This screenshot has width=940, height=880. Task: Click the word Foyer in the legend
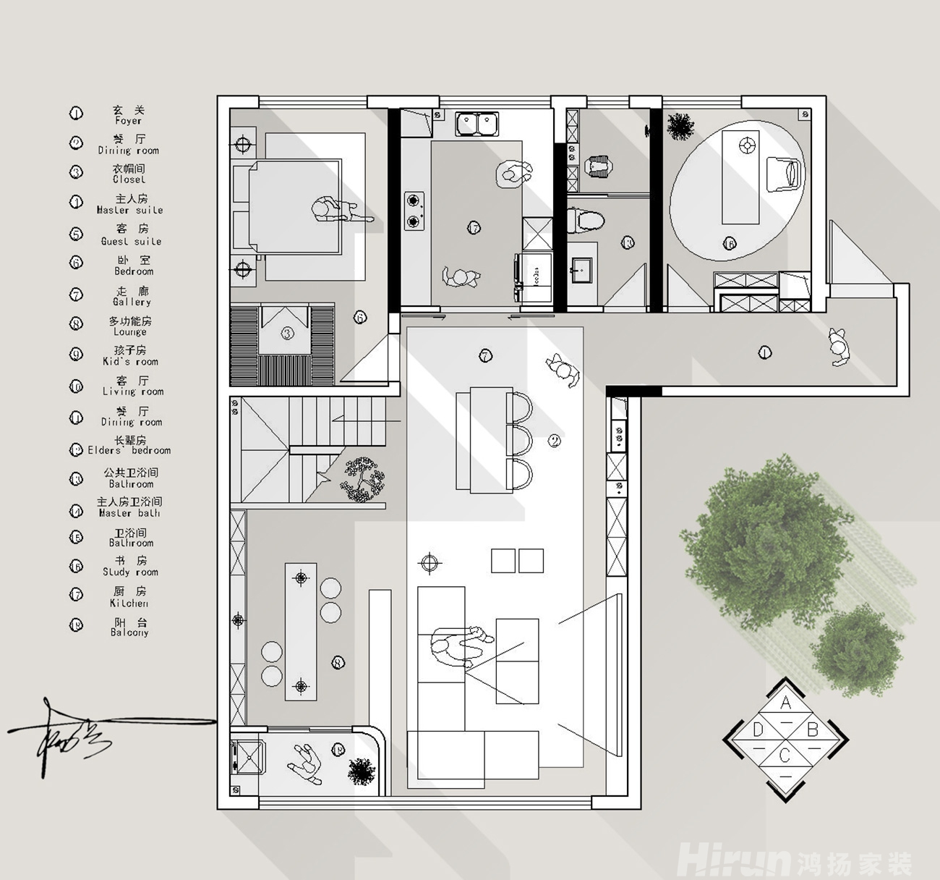coord(129,121)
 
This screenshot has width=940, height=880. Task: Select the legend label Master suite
coord(130,210)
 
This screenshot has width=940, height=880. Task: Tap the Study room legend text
coord(130,572)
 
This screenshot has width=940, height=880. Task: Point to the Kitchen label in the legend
coord(129,603)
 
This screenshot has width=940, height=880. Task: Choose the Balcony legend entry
coord(129,632)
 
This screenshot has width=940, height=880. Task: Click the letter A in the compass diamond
coord(786,703)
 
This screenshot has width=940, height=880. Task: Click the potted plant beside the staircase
coord(363,478)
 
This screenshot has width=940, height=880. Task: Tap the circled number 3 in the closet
coord(288,334)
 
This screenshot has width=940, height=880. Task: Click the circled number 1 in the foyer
coord(764,353)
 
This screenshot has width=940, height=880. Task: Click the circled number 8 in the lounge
coord(338,662)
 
